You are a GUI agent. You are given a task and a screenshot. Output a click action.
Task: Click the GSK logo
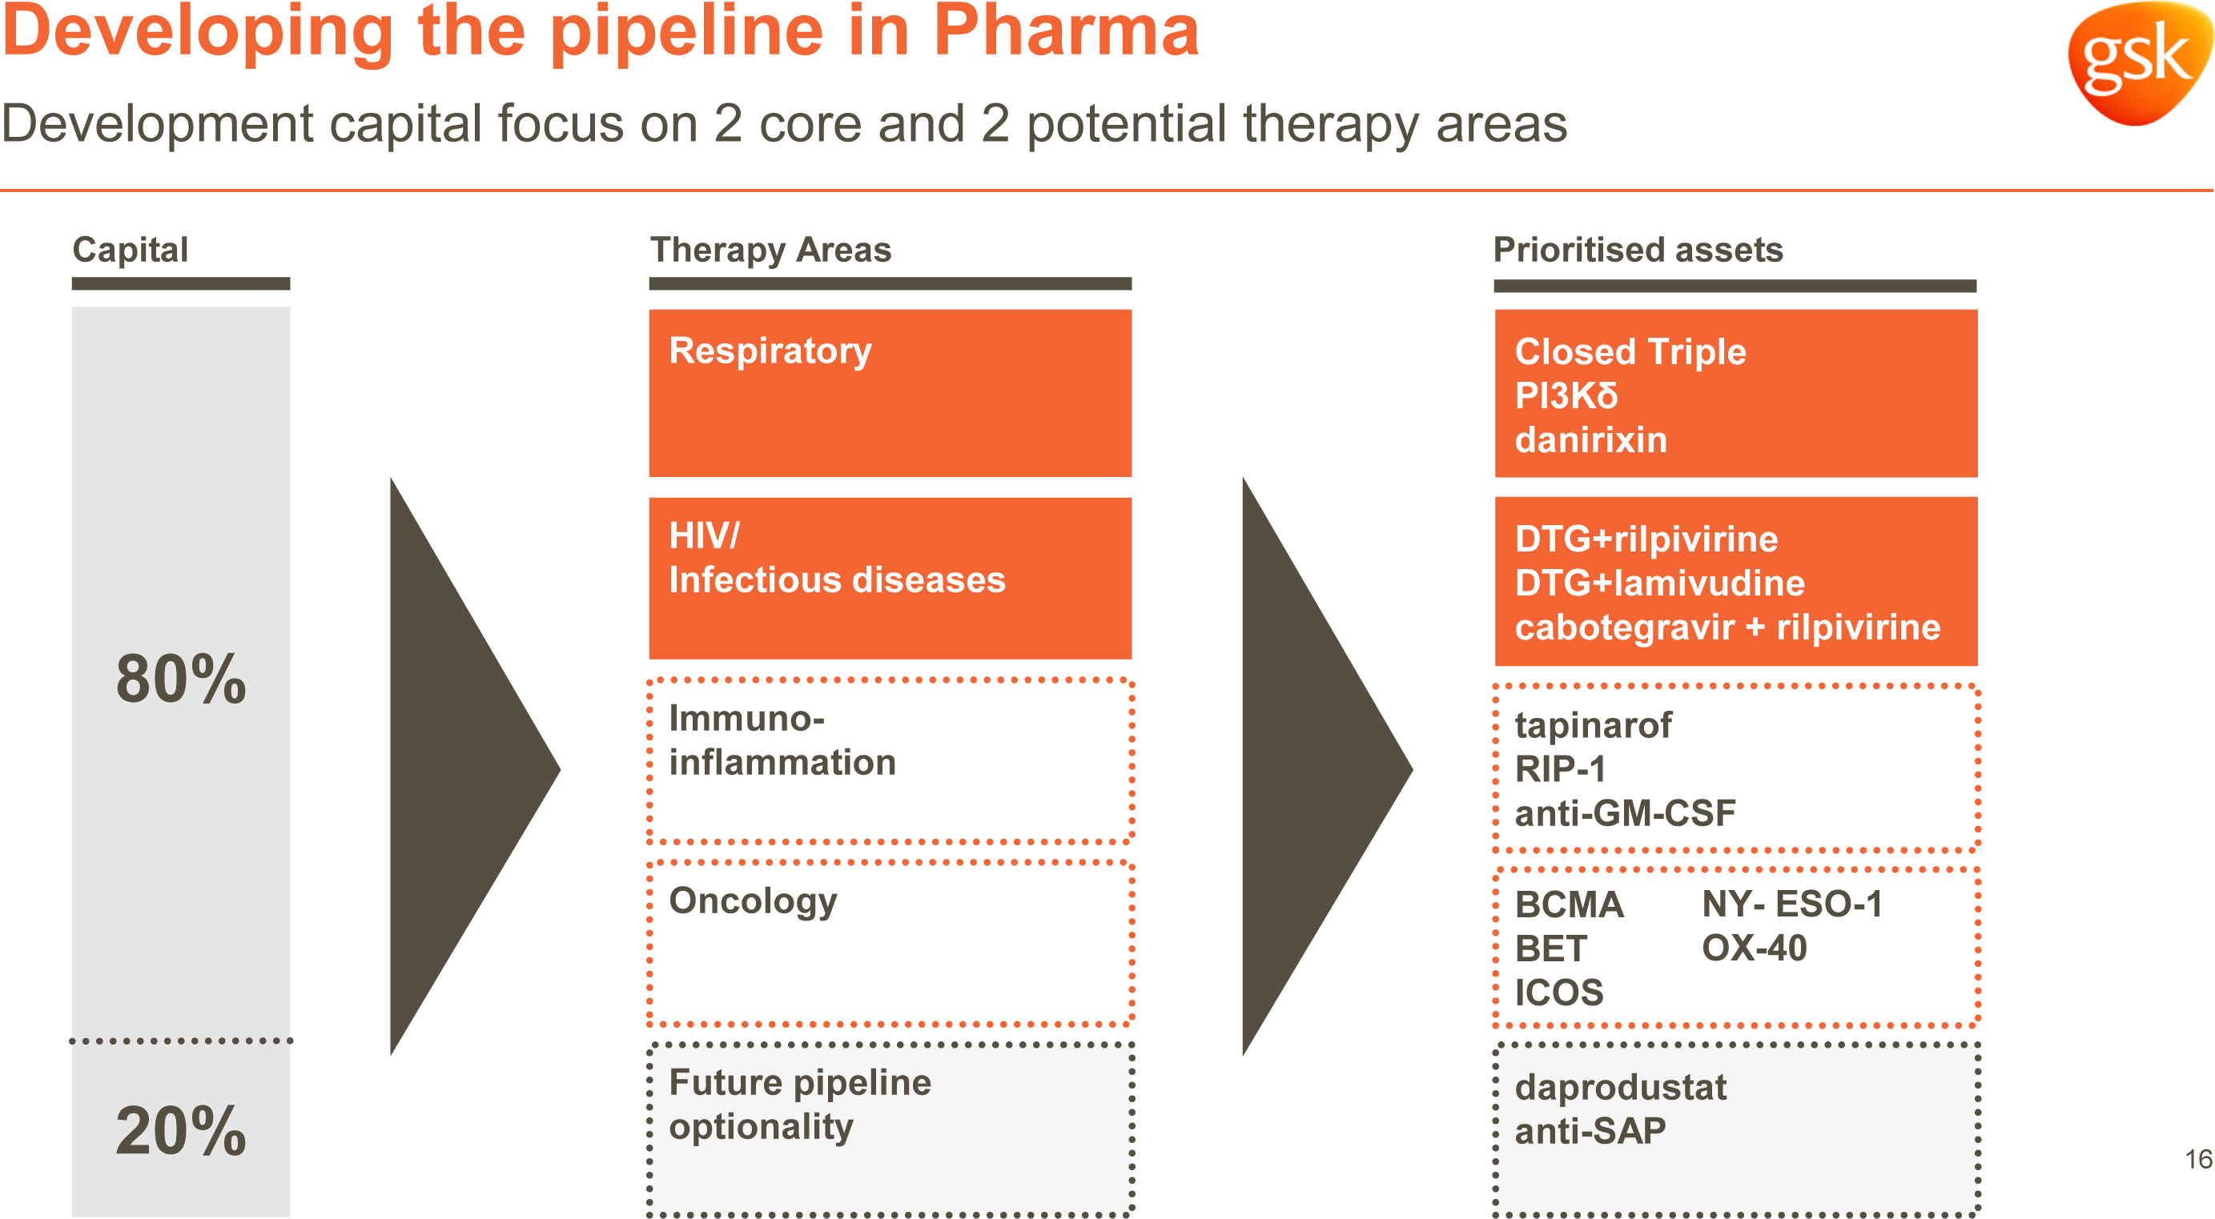(x=2141, y=62)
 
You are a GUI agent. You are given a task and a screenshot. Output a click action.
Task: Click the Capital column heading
(x=131, y=249)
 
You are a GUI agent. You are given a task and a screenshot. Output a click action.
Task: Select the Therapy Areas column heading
(x=771, y=249)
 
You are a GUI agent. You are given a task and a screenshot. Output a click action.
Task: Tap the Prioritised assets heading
(x=1638, y=249)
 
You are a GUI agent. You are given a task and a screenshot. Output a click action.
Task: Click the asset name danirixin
(x=1590, y=440)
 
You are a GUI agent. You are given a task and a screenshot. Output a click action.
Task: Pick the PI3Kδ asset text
(x=1566, y=396)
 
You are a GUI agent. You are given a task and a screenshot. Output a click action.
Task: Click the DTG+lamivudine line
(x=1659, y=583)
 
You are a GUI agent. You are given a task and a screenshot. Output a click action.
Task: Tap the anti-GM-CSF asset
(x=1625, y=813)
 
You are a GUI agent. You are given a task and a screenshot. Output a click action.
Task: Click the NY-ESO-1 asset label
(x=1793, y=904)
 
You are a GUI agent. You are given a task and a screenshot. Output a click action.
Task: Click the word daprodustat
(x=1621, y=1088)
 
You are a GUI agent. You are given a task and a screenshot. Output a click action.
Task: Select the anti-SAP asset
(x=1590, y=1131)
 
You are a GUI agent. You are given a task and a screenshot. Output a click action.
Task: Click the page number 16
(x=2199, y=1159)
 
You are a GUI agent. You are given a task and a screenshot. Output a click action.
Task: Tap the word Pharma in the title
(x=1066, y=30)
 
